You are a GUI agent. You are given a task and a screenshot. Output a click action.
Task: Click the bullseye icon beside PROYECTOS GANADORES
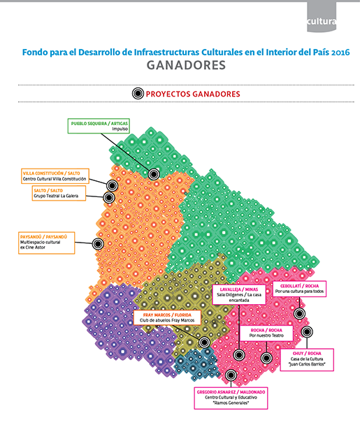pyautogui.click(x=138, y=94)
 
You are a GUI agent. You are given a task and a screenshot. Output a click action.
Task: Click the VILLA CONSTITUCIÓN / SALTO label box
pyautogui.click(x=54, y=175)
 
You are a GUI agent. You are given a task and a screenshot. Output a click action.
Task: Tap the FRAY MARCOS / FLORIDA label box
pyautogui.click(x=166, y=319)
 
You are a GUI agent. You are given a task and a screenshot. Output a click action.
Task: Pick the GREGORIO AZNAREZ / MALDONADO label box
pyautogui.click(x=230, y=396)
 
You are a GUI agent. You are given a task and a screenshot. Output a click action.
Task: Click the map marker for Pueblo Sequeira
pyautogui.click(x=153, y=173)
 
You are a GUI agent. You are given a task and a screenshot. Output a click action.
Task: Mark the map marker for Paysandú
pyautogui.click(x=98, y=243)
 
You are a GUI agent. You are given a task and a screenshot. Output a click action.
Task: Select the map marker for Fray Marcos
pyautogui.click(x=204, y=342)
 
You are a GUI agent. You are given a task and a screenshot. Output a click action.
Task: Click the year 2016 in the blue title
pyautogui.click(x=340, y=52)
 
